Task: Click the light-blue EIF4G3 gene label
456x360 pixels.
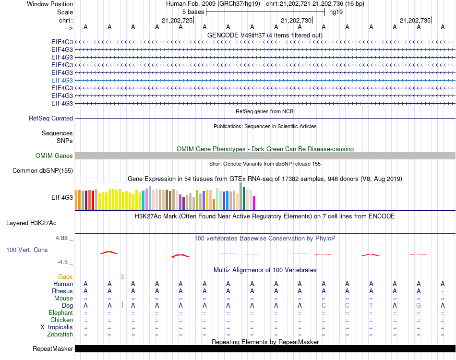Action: click(62, 80)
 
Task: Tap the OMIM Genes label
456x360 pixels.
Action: click(54, 156)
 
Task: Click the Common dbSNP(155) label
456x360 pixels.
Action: click(43, 170)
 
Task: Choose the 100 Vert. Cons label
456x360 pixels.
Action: click(27, 250)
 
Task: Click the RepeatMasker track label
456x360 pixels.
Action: click(53, 348)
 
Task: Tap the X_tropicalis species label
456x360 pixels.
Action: click(57, 327)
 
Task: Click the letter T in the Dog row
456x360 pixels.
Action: click(371, 305)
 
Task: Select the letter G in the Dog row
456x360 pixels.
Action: click(419, 305)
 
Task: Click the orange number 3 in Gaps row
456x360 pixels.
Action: click(122, 276)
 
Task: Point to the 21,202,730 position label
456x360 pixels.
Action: click(296, 20)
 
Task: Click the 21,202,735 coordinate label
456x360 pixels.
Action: click(415, 20)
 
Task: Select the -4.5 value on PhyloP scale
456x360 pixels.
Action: click(63, 262)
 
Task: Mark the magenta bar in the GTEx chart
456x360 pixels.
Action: click(254, 203)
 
